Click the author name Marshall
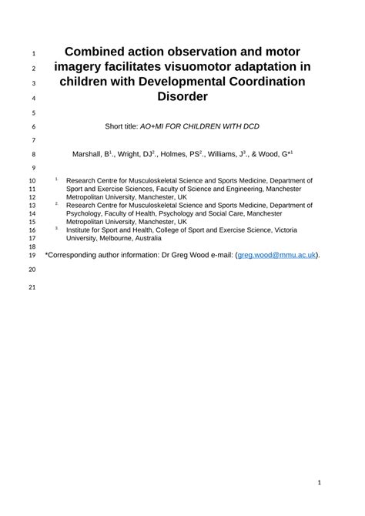pos(88,154)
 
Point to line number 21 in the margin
pos(32,288)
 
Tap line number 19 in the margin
pos(32,256)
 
